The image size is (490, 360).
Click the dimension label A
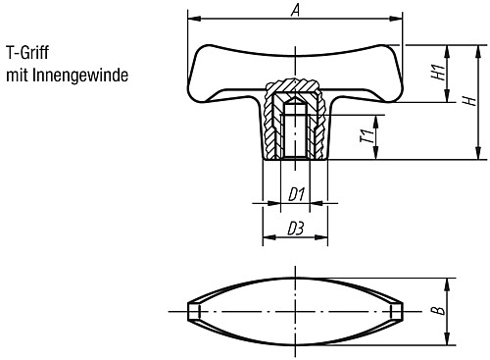coord(295,10)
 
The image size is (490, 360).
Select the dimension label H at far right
coord(470,100)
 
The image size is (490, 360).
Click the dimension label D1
coord(294,194)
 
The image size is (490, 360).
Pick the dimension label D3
coord(293,230)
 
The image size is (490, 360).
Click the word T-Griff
coord(29,54)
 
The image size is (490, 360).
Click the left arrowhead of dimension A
coord(190,19)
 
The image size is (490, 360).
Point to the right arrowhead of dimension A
coord(399,19)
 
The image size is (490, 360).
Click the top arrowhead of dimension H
coord(479,46)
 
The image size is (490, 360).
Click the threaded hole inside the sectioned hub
coord(294,132)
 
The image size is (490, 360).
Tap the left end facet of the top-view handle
coord(194,311)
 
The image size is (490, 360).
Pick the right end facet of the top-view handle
coord(395,311)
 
